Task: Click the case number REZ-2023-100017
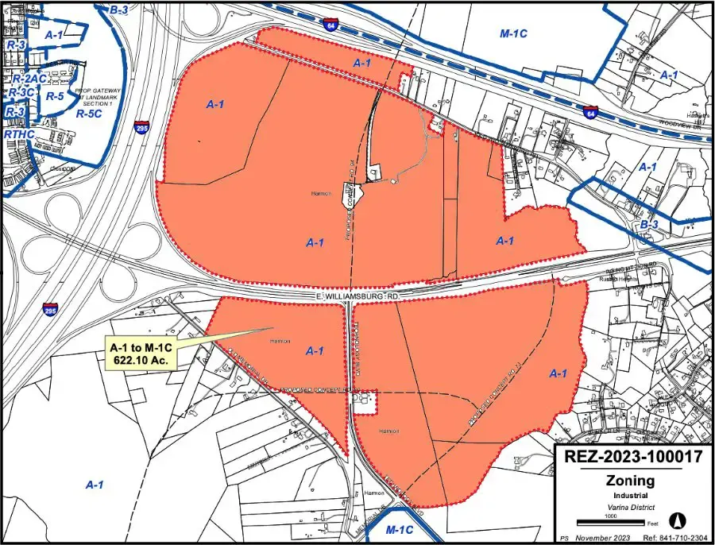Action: coord(632,458)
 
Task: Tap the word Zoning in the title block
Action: coord(630,480)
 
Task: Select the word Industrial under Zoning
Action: coord(630,495)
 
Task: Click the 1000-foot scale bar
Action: coord(604,521)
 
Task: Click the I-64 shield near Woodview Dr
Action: coord(589,113)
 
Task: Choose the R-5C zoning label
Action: coord(89,114)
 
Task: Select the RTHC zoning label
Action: coord(19,134)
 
